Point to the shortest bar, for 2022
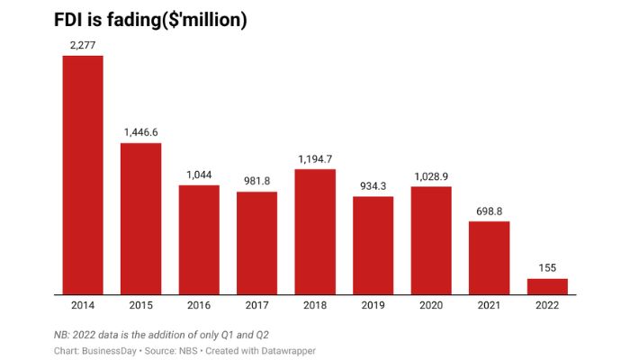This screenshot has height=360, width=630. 547,286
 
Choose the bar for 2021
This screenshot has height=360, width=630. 489,257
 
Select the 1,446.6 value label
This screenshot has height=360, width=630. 140,131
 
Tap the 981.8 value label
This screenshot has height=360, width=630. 256,180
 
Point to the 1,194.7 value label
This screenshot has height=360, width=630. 315,158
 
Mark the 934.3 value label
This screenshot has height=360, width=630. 373,184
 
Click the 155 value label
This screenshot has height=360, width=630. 547,267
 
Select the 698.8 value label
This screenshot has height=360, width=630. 489,210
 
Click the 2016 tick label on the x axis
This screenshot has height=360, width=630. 199,306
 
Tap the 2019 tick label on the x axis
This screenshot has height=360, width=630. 373,306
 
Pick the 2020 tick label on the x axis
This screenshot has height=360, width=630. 431,306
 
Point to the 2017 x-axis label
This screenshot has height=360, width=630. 256,306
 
